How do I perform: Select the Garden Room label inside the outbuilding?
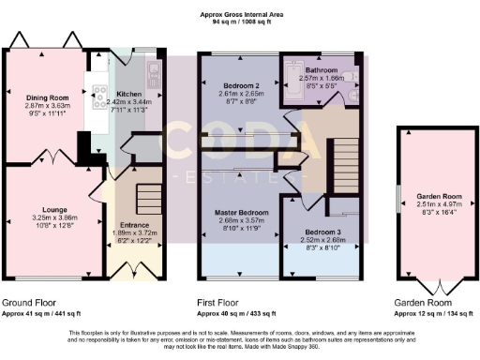coord(433,197)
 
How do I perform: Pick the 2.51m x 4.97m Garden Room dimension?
coord(433,205)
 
